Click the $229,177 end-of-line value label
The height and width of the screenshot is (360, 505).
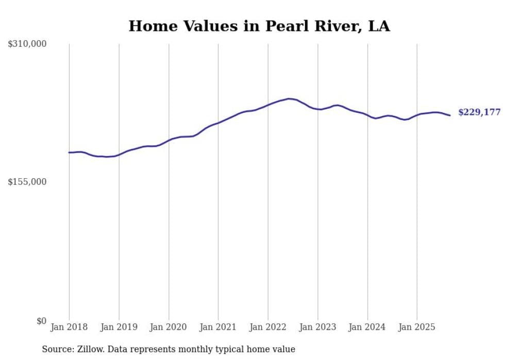pos(479,112)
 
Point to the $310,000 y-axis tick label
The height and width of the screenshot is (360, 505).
pos(27,44)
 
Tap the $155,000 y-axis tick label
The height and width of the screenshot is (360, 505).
pos(27,182)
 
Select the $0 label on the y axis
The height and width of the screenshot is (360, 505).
pos(41,321)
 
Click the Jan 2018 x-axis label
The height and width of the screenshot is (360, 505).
pos(69,327)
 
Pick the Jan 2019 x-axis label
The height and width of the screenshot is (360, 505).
pos(119,327)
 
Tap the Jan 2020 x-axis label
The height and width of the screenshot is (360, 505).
pos(169,327)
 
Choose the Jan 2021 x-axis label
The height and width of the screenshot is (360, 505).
pos(218,327)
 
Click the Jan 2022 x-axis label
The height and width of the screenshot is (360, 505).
pos(268,327)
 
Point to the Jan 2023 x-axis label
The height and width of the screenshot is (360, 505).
pos(317,327)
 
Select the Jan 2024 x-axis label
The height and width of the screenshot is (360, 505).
pos(367,327)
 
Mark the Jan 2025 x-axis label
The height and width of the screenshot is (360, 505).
pos(417,327)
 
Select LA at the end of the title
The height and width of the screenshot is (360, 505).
pos(379,26)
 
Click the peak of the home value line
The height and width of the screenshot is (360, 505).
pos(289,98)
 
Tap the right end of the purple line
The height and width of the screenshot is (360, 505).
pos(450,115)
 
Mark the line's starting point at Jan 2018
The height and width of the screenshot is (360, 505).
pos(69,152)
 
